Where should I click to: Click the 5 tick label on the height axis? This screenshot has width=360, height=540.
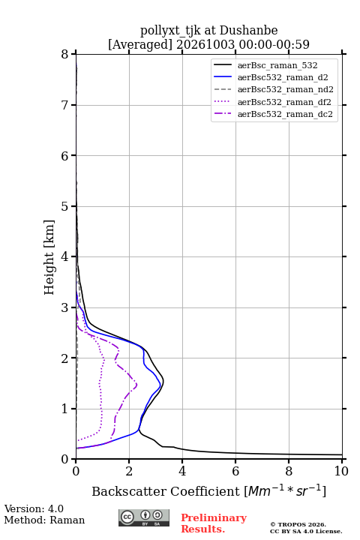64,206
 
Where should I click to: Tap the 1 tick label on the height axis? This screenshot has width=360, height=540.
64,409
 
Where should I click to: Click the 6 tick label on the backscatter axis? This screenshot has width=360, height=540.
235,471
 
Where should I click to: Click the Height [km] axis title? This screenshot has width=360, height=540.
49,257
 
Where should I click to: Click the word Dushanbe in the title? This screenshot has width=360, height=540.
248,31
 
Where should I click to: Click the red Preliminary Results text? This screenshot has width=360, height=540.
214,523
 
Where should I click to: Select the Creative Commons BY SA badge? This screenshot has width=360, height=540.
144,518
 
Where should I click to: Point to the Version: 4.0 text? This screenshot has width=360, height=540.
34,508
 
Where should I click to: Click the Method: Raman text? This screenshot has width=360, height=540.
44,520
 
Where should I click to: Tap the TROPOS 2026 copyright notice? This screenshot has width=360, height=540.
298,524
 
